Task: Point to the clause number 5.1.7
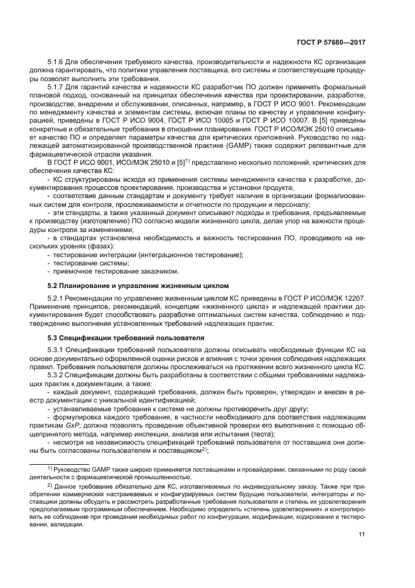[x=58, y=86]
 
